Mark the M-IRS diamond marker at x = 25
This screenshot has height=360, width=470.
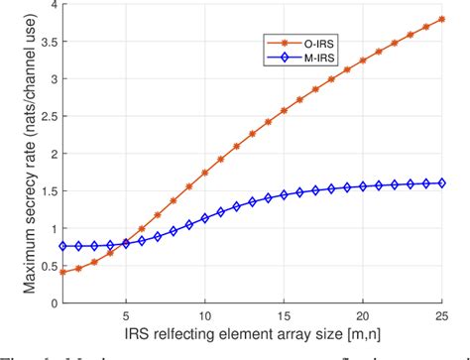click(x=441, y=182)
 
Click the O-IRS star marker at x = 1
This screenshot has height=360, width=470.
click(x=62, y=272)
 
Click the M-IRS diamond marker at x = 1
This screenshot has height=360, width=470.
click(x=62, y=246)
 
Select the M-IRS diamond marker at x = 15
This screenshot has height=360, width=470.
click(x=284, y=195)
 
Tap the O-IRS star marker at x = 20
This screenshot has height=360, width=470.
click(x=363, y=60)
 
